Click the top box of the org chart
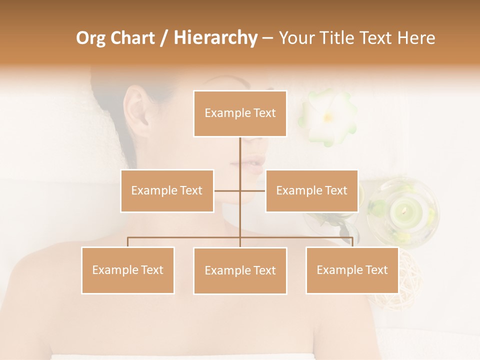240,113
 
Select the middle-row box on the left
167,191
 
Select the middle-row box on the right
311,191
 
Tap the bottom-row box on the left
128,270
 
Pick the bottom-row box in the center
240,271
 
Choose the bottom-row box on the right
352,270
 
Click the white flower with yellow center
328,116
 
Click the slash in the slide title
163,38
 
